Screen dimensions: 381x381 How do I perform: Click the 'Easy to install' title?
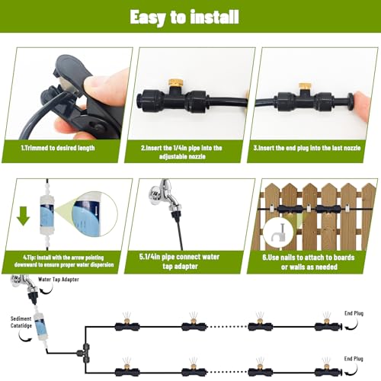[x=184, y=17]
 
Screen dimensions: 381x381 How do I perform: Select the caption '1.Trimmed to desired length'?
[x=58, y=148]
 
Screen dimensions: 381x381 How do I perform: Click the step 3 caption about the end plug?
[x=307, y=148]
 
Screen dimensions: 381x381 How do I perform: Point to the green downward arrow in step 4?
[x=24, y=216]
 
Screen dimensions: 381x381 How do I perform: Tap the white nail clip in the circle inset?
[x=279, y=233]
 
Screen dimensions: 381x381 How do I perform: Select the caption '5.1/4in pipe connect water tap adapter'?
[x=180, y=261]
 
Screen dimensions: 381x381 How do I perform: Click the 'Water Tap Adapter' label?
[x=59, y=280]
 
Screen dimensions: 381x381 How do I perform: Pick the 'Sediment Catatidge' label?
[x=21, y=322]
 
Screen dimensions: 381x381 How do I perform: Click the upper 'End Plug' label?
[x=354, y=313]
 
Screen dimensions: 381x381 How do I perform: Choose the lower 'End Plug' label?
[x=354, y=359]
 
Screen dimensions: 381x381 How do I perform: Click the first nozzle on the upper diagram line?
[x=127, y=325]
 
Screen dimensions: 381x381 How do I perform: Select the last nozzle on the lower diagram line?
[x=328, y=371]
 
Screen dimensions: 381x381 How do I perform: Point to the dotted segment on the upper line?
[x=227, y=327]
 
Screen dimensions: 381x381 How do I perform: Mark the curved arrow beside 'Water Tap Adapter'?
[x=47, y=290]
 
